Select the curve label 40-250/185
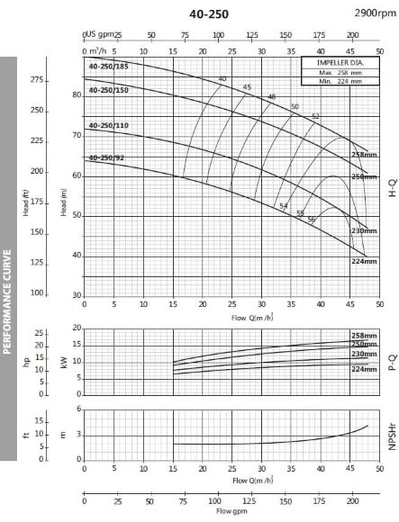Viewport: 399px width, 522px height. click(x=108, y=67)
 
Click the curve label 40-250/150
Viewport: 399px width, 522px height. click(x=108, y=89)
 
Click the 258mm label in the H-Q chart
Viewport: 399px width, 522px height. click(x=363, y=156)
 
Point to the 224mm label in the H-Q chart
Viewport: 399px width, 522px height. click(x=363, y=260)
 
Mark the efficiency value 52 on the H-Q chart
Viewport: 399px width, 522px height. click(x=315, y=117)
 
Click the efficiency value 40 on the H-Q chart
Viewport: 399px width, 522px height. click(x=222, y=79)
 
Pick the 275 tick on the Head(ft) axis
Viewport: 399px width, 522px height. click(x=37, y=81)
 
